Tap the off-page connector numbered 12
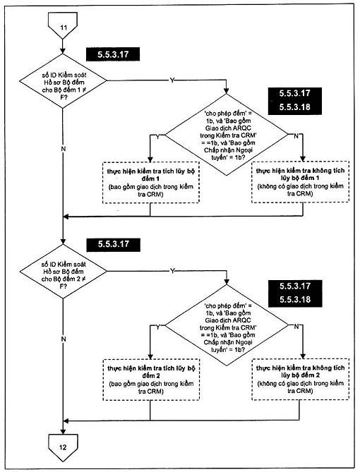point(63,447)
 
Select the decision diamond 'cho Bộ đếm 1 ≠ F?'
point(63,81)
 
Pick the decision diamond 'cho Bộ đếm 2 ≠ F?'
point(64,271)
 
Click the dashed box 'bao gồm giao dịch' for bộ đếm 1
point(151,183)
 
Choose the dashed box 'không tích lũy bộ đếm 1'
point(300,182)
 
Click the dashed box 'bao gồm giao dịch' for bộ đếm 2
point(151,380)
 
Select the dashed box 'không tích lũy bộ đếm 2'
point(300,379)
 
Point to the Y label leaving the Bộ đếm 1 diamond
point(172,80)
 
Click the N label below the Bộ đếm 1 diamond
point(64,149)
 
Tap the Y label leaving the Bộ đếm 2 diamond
point(172,271)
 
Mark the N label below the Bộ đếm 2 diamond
point(64,339)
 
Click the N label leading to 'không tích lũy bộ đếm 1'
point(296,136)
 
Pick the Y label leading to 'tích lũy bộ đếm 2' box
point(157,327)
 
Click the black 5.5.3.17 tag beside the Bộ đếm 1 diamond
point(113,54)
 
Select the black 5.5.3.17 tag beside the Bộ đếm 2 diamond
point(113,244)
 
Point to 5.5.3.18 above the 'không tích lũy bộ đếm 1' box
point(294,107)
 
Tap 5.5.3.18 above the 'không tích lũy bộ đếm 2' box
point(295,300)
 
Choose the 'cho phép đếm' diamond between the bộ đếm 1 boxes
point(227,135)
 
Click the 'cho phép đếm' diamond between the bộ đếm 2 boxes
point(227,326)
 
